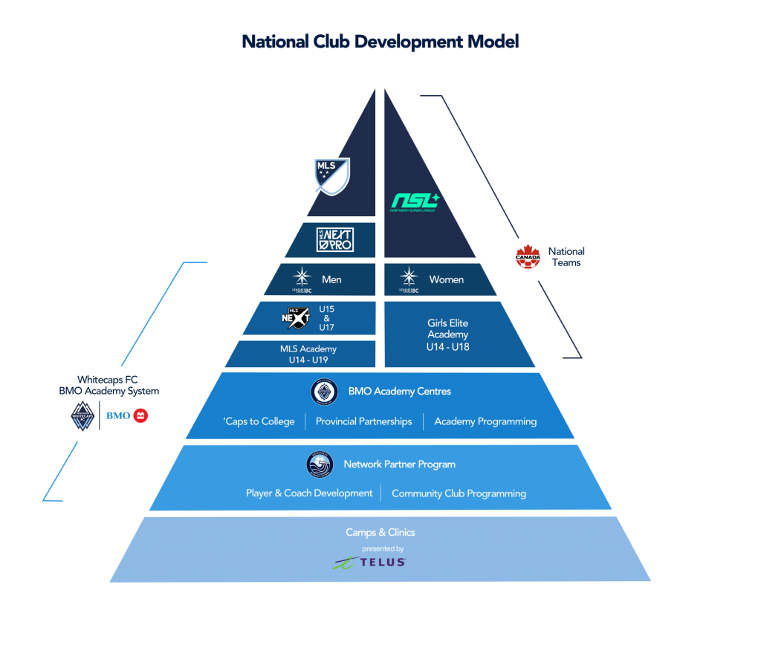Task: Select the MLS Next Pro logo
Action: [334, 239]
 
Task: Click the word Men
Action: [331, 279]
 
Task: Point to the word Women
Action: [447, 279]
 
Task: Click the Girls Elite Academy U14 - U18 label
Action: [447, 334]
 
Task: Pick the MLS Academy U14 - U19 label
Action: [308, 354]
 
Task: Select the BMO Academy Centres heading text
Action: [399, 391]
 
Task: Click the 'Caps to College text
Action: [259, 421]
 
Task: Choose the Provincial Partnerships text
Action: [363, 421]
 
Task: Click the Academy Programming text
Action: [485, 421]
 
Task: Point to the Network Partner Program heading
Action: [399, 464]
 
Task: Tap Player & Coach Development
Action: [309, 493]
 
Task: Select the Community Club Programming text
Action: [459, 493]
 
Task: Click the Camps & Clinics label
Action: [380, 532]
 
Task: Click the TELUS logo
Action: [370, 563]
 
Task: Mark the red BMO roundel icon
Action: [140, 415]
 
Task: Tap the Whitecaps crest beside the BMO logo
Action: [82, 416]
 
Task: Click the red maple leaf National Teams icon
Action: [528, 257]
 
